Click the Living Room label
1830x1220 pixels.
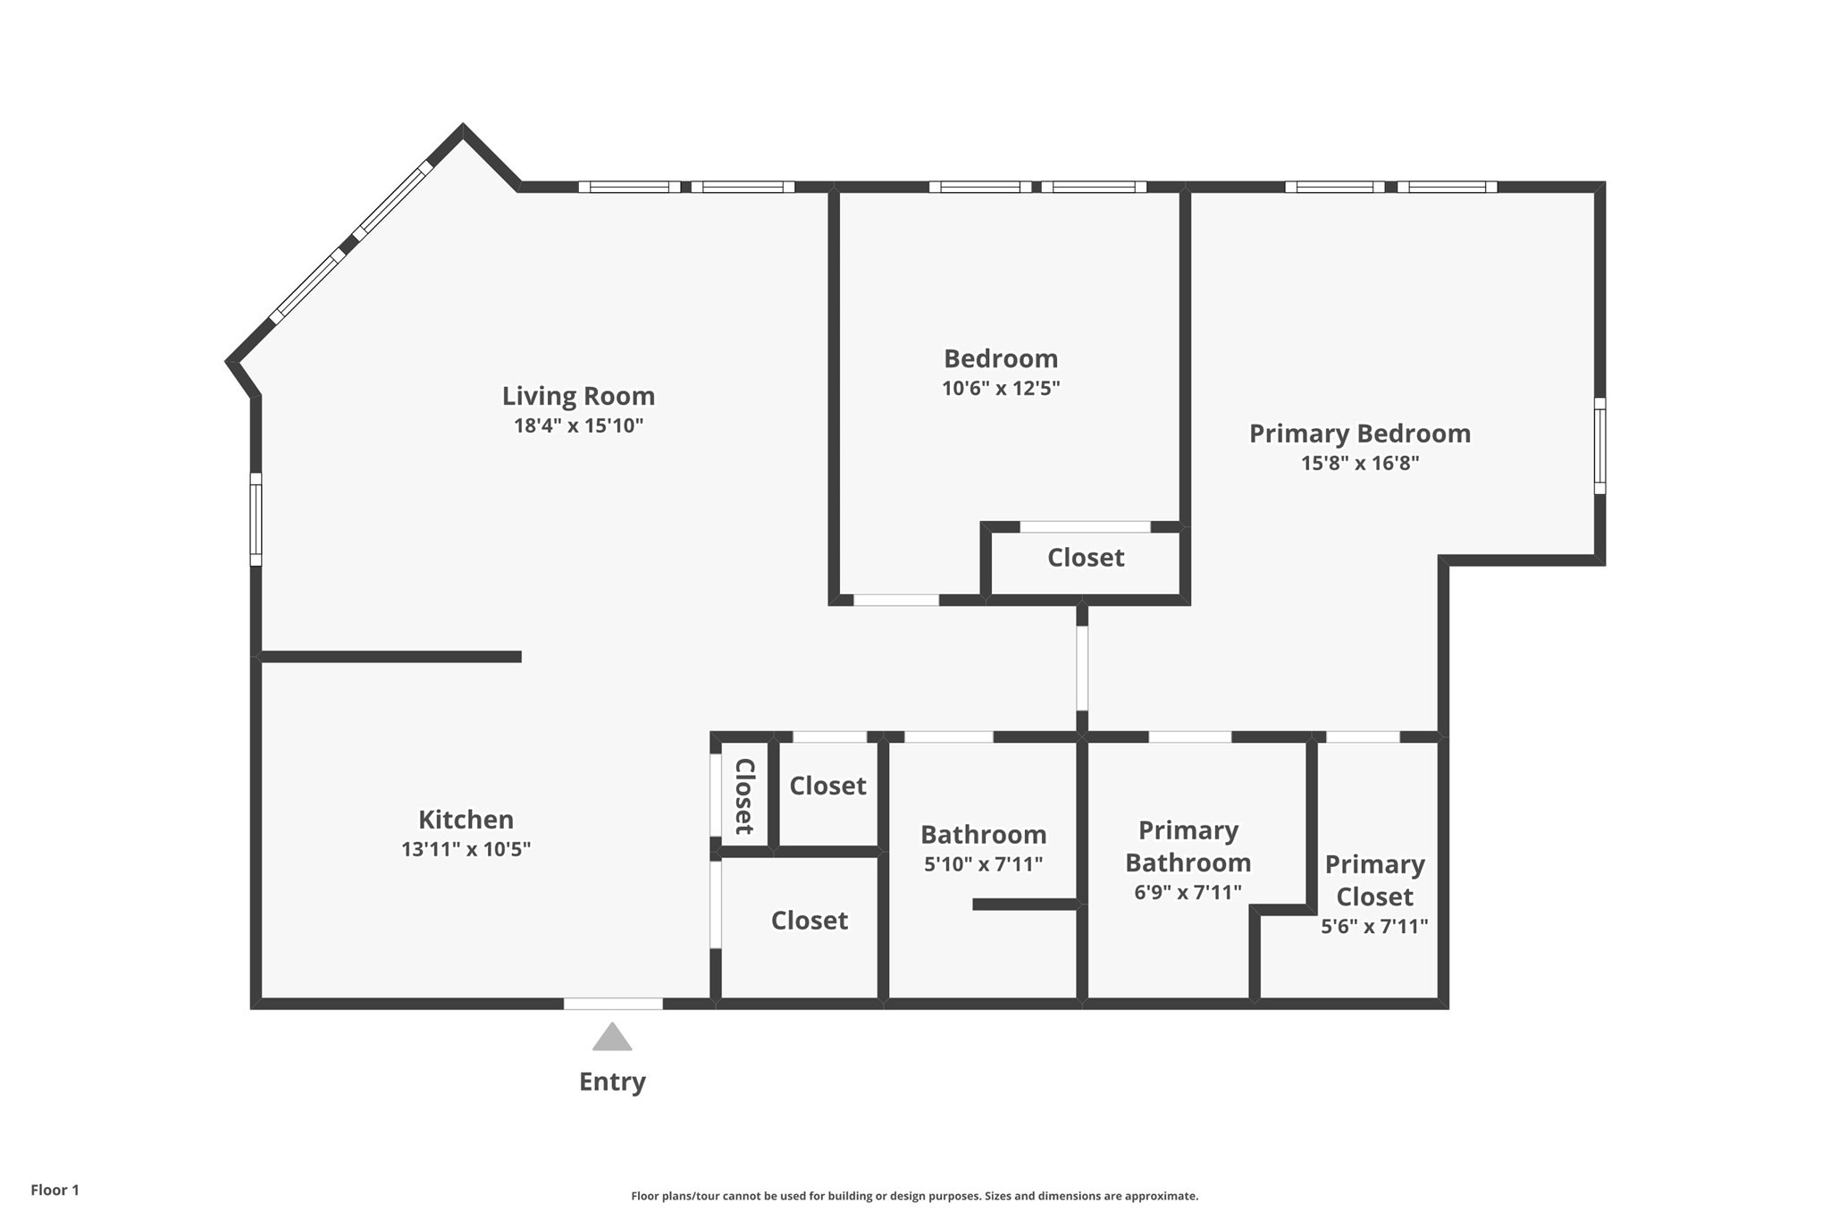click(x=578, y=396)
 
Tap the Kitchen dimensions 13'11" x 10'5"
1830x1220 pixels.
click(x=466, y=849)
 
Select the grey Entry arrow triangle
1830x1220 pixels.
click(x=612, y=1038)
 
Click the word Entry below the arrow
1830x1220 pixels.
click(x=612, y=1081)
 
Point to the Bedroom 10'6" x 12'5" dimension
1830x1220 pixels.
click(x=1001, y=388)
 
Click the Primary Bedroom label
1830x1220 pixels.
click(x=1359, y=433)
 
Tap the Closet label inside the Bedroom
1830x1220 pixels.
click(x=1086, y=558)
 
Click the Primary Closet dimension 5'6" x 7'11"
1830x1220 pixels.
click(x=1374, y=927)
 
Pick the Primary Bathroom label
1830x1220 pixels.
click(x=1188, y=846)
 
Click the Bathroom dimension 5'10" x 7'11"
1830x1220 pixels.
click(x=983, y=864)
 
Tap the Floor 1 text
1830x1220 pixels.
click(x=55, y=1190)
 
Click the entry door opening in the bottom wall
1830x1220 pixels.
click(x=613, y=1004)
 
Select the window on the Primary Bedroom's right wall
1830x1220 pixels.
click(x=1599, y=446)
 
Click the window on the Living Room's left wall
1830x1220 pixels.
click(x=256, y=519)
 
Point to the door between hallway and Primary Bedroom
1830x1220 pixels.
click(x=1082, y=668)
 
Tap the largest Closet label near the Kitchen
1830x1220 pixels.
click(x=810, y=921)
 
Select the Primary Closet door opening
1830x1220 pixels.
click(x=1363, y=737)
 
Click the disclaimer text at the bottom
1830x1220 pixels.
click(x=914, y=1196)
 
